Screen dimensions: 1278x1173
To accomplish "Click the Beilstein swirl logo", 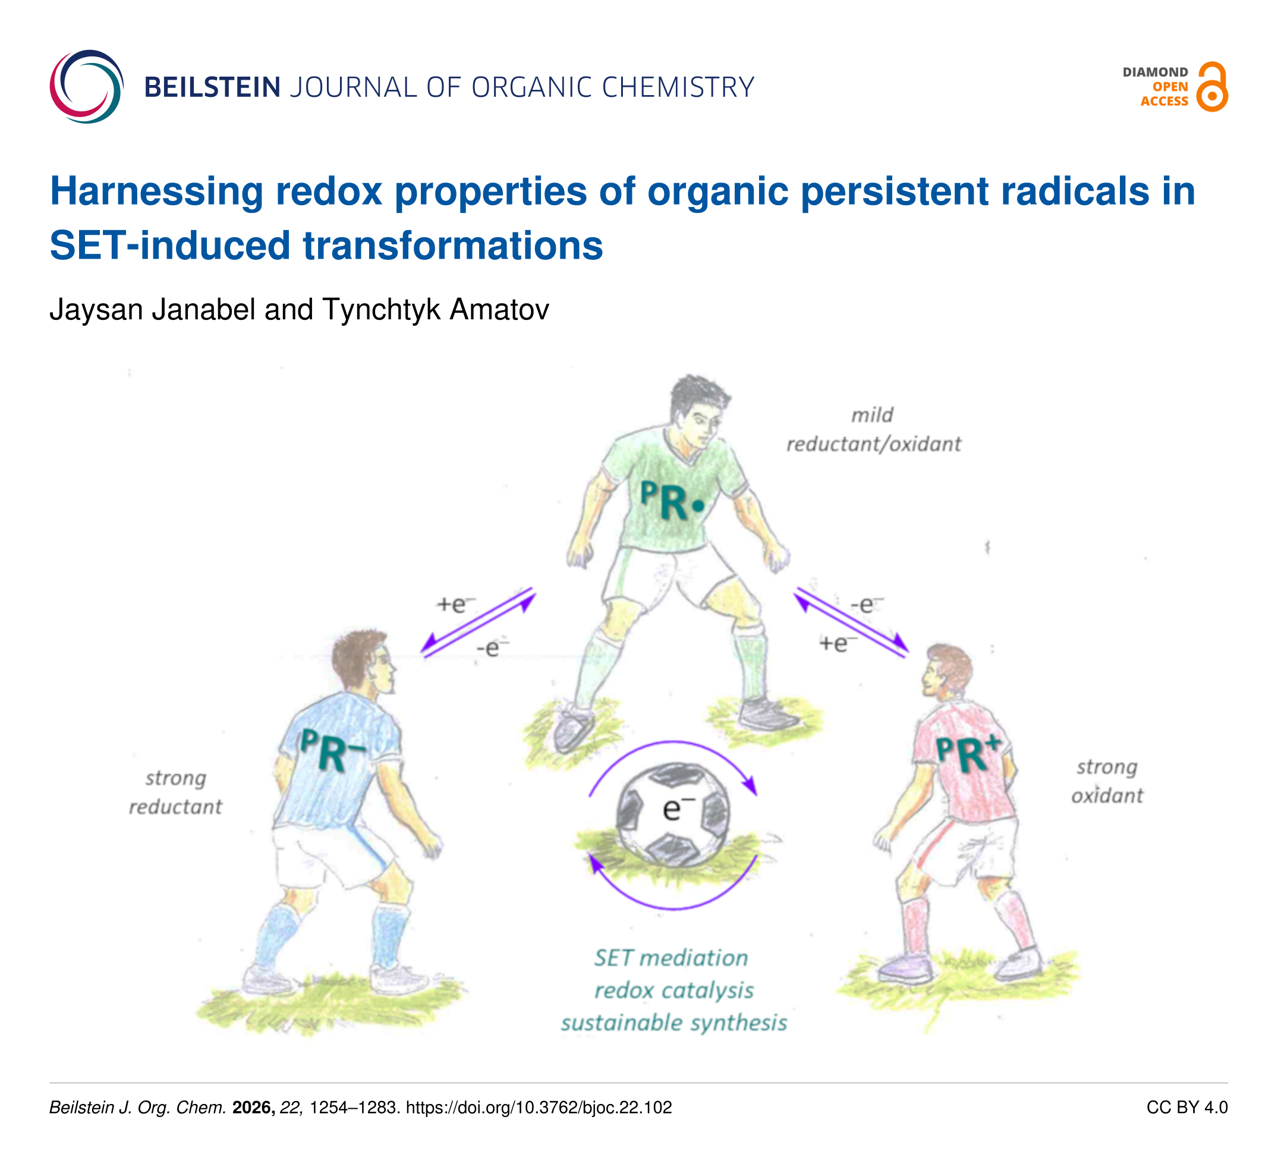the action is click(x=87, y=87).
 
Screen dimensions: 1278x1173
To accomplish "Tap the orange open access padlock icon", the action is click(x=1211, y=87).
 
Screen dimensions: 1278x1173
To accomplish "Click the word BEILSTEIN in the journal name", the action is click(x=213, y=87).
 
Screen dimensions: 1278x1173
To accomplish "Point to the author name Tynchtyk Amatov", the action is click(x=435, y=310).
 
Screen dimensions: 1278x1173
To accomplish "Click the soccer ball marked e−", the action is click(x=673, y=815).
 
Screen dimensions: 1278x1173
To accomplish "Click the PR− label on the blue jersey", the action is click(x=332, y=750).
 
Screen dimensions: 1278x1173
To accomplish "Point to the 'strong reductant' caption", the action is click(x=175, y=792).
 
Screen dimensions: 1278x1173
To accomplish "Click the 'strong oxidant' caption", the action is click(x=1107, y=781).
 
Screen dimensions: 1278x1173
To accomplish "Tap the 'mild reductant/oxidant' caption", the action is click(x=874, y=430).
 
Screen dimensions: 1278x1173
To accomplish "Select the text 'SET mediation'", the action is click(x=671, y=958).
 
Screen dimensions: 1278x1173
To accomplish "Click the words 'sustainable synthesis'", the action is click(x=674, y=1023).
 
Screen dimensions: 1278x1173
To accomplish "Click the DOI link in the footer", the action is click(x=539, y=1108).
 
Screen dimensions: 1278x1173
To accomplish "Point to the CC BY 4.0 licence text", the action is click(x=1186, y=1108).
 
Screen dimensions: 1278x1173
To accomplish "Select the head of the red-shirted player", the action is click(x=948, y=672).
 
